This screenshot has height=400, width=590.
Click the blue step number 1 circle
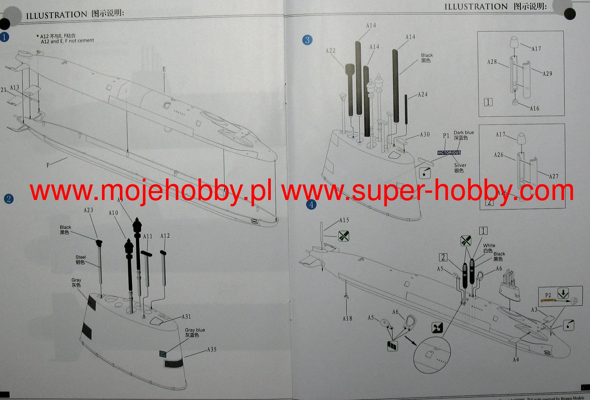4,37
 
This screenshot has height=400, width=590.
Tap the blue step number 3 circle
307,40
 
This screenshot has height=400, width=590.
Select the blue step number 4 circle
311,205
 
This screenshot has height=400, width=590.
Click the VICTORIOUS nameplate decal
449,153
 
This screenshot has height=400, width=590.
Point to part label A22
330,51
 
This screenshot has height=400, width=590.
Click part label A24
423,94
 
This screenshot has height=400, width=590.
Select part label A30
425,134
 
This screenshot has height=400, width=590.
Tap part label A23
88,210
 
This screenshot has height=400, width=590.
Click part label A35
212,349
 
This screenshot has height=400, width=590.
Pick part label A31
186,317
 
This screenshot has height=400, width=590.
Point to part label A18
347,318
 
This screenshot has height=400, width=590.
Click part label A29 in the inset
547,74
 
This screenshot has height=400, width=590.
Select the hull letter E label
164,69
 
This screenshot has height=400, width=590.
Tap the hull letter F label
48,165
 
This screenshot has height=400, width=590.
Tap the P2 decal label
548,295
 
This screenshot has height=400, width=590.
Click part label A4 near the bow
516,359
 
